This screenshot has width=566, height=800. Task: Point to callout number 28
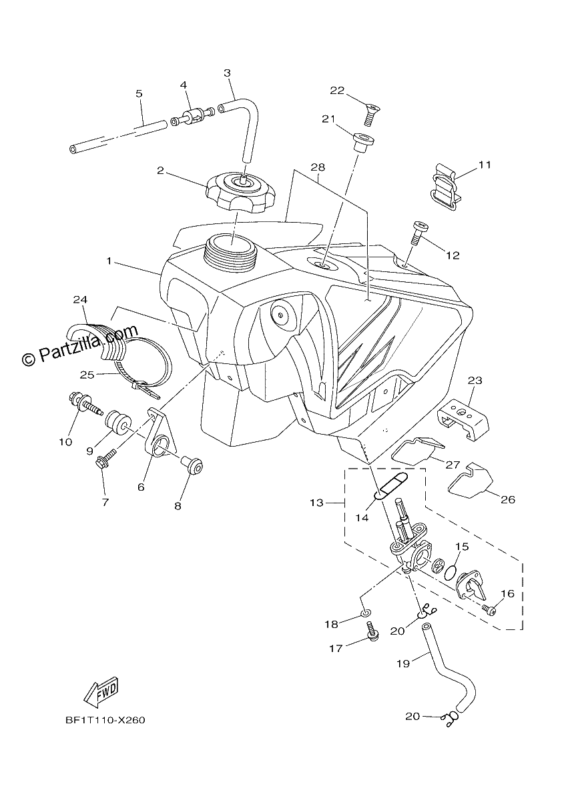(x=318, y=167)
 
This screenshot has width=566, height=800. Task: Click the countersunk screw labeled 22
(x=372, y=113)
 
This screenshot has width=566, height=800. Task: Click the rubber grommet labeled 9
(x=117, y=423)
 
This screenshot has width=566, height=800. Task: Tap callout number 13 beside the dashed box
(x=316, y=503)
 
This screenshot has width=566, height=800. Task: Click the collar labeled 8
(x=193, y=465)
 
